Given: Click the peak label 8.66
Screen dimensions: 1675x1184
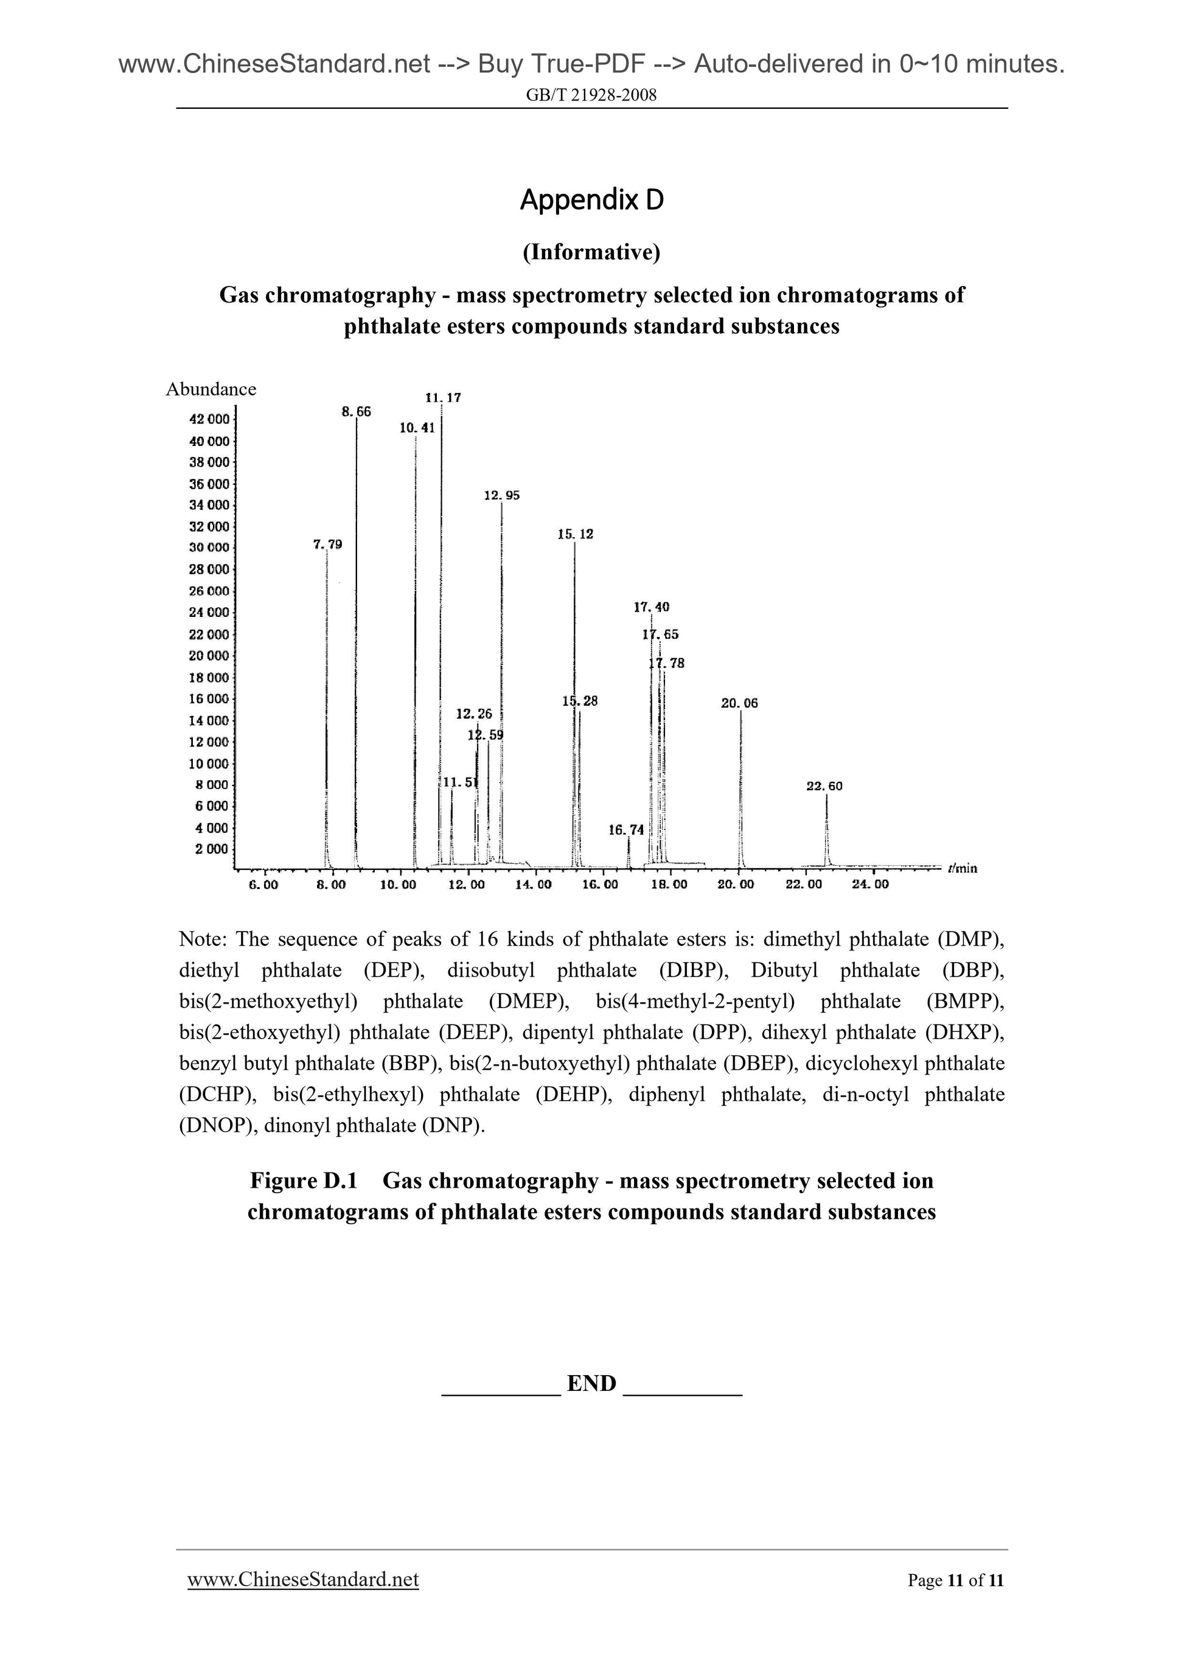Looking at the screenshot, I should [356, 411].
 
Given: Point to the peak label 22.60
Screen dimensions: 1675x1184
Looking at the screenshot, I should [824, 787].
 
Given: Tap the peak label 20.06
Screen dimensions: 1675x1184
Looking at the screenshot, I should [739, 703].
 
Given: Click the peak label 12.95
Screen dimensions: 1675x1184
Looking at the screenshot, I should [502, 495].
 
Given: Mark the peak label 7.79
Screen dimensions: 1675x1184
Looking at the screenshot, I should [327, 545].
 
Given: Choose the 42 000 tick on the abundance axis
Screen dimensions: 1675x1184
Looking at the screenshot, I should [209, 419].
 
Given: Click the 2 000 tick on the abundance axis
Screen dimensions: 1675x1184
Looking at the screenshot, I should [212, 849].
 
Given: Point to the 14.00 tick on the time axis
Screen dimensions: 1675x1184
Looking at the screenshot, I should [533, 885].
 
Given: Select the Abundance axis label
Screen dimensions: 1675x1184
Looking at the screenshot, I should [211, 389].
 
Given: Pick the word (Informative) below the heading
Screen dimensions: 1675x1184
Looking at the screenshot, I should [591, 252].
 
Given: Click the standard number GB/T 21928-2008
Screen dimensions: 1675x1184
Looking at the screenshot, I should [591, 95].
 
